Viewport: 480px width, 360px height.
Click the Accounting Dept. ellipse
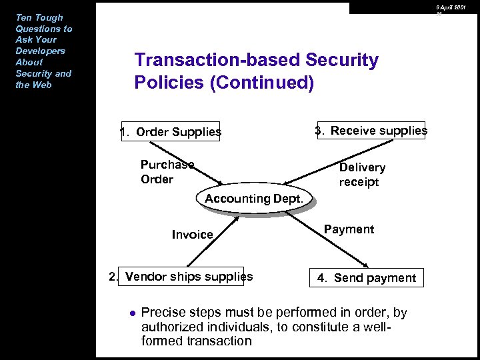(x=255, y=199)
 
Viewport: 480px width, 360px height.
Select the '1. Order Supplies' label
(x=171, y=132)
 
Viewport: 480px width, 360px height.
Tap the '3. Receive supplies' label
(x=371, y=131)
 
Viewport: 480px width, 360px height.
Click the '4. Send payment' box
(x=366, y=278)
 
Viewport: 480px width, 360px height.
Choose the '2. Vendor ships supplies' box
(x=182, y=276)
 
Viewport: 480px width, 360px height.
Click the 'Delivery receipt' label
(x=362, y=175)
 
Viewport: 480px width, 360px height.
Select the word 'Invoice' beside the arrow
(x=192, y=235)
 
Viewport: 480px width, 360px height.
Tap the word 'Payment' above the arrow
(x=349, y=229)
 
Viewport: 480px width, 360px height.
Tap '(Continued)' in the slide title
(x=265, y=83)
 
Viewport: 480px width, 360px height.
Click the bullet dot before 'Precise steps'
(x=133, y=312)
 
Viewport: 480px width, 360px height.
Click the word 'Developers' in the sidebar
(x=40, y=51)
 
